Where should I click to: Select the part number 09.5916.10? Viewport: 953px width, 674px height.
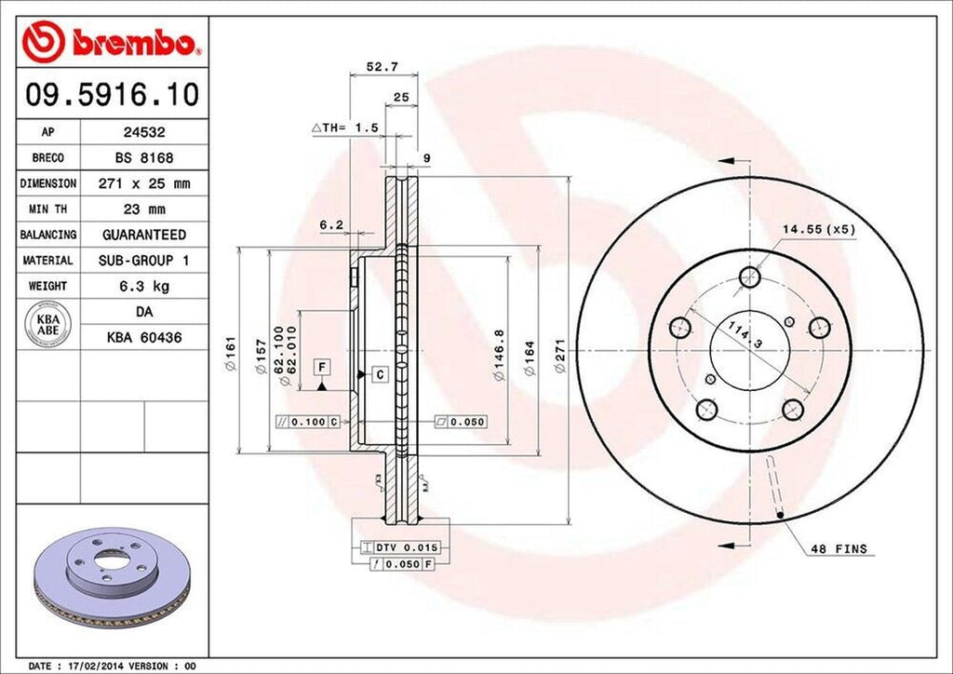click(111, 94)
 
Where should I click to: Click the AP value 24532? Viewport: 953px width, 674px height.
click(143, 133)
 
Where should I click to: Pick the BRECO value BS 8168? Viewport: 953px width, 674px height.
click(143, 158)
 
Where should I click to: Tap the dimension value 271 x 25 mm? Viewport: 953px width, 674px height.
click(143, 184)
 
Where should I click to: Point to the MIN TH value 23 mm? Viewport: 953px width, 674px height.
click(143, 209)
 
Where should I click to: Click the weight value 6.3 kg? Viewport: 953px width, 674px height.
click(143, 286)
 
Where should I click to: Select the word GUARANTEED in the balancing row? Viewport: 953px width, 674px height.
click(143, 235)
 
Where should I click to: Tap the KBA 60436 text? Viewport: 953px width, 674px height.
click(143, 337)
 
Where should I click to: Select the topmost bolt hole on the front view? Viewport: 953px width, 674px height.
click(750, 276)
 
